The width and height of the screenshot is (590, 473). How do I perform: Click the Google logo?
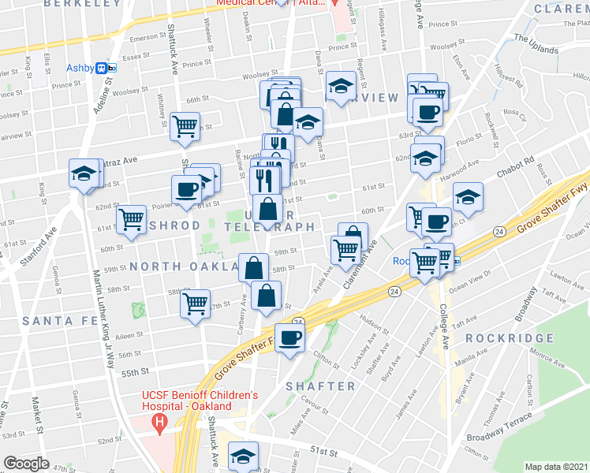(x=26, y=463)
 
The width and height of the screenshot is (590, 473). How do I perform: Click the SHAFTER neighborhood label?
(x=320, y=385)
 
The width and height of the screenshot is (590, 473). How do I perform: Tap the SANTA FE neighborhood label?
(x=58, y=321)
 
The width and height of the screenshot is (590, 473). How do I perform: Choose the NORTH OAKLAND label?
(x=183, y=266)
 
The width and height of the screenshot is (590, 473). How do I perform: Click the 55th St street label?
(x=136, y=371)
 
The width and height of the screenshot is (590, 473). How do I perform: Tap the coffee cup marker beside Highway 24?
(x=289, y=338)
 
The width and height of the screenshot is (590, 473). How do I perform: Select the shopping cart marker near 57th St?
(x=195, y=302)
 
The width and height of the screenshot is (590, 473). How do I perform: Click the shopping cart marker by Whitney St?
(x=185, y=125)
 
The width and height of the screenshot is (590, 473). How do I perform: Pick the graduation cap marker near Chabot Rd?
(x=468, y=197)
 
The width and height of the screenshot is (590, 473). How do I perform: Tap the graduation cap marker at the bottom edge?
(x=243, y=455)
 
